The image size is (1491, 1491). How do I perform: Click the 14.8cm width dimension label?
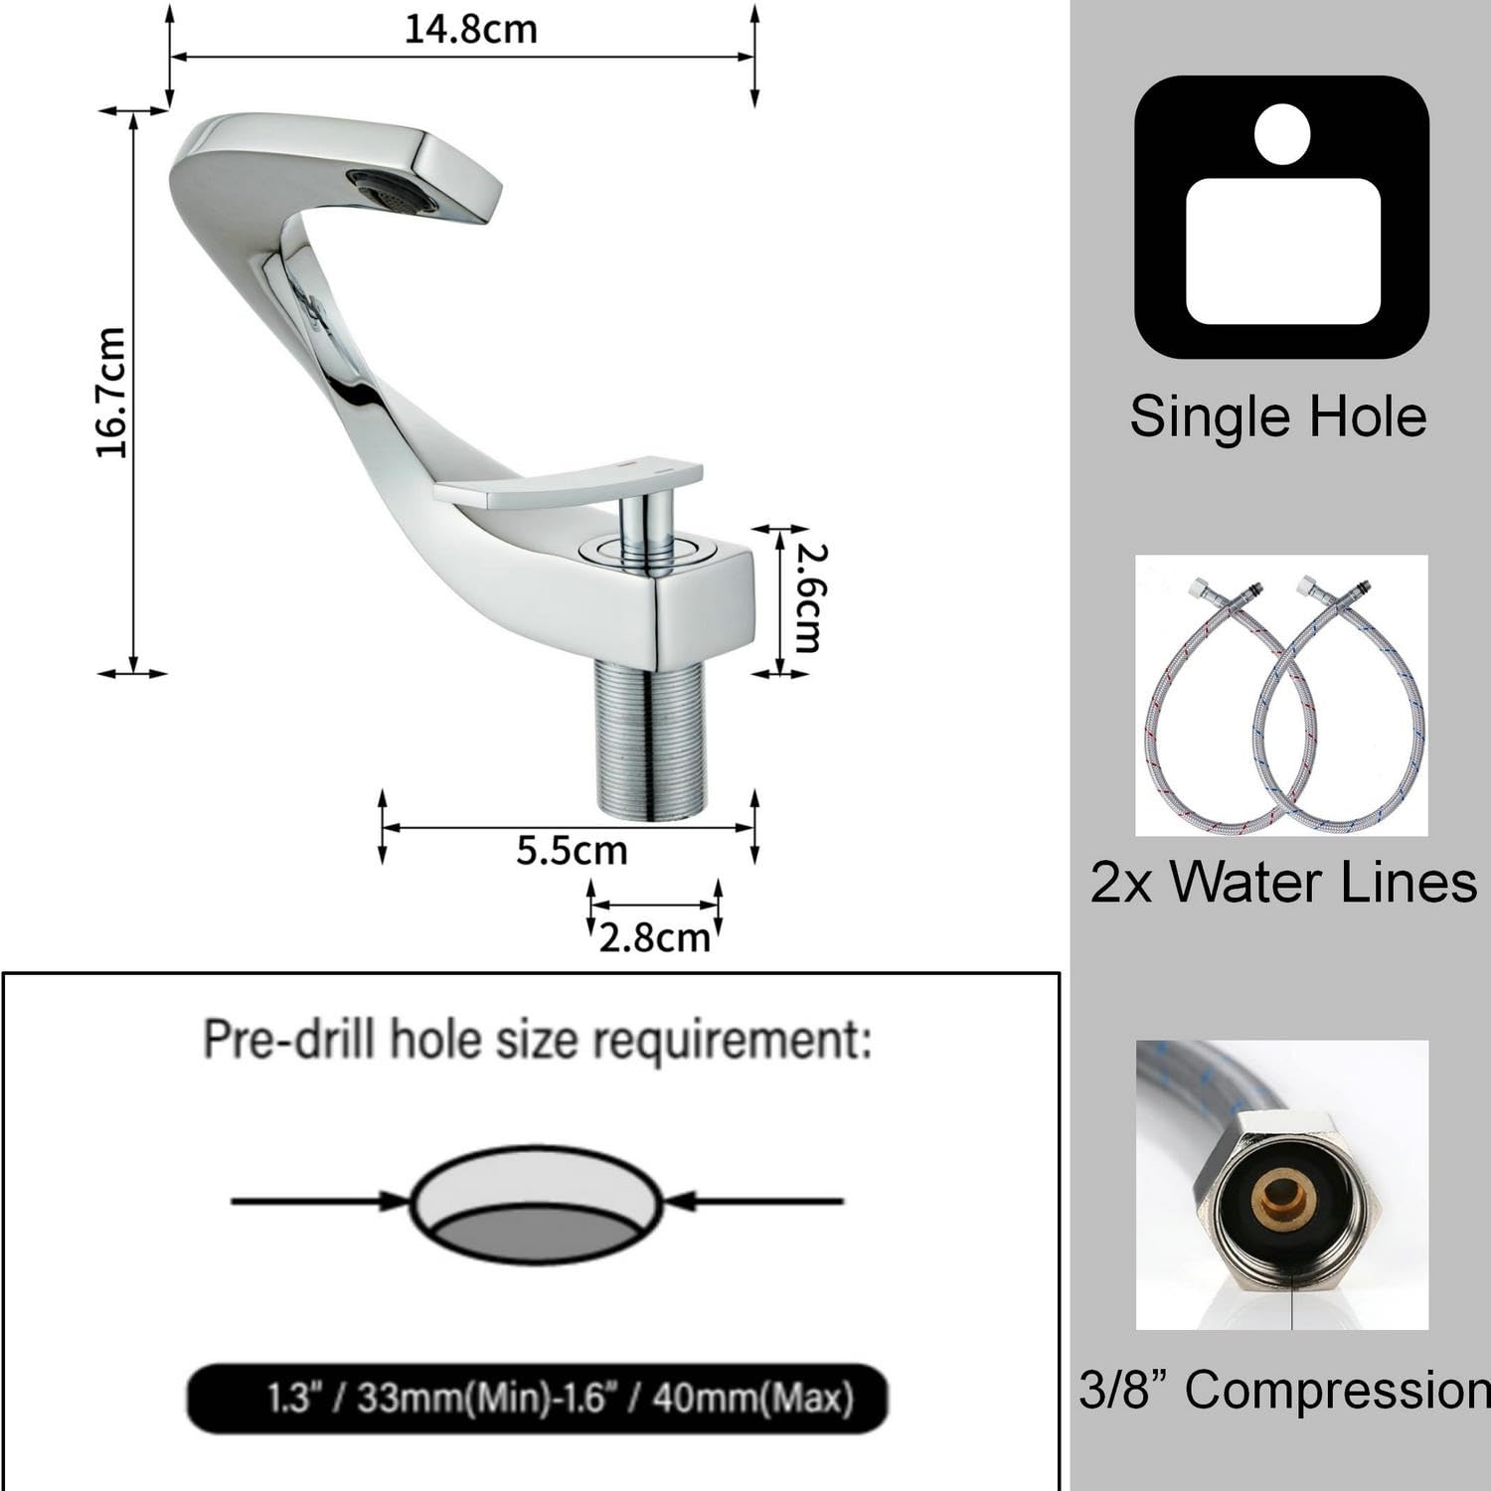coord(470,29)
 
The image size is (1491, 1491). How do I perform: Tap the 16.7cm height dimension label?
coord(111,393)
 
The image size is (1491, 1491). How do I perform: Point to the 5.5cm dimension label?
coord(572,851)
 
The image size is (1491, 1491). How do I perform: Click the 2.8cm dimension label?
coord(655,937)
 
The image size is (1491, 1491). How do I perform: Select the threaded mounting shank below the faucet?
coord(650,742)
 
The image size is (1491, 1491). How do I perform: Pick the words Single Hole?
coord(1278,415)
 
